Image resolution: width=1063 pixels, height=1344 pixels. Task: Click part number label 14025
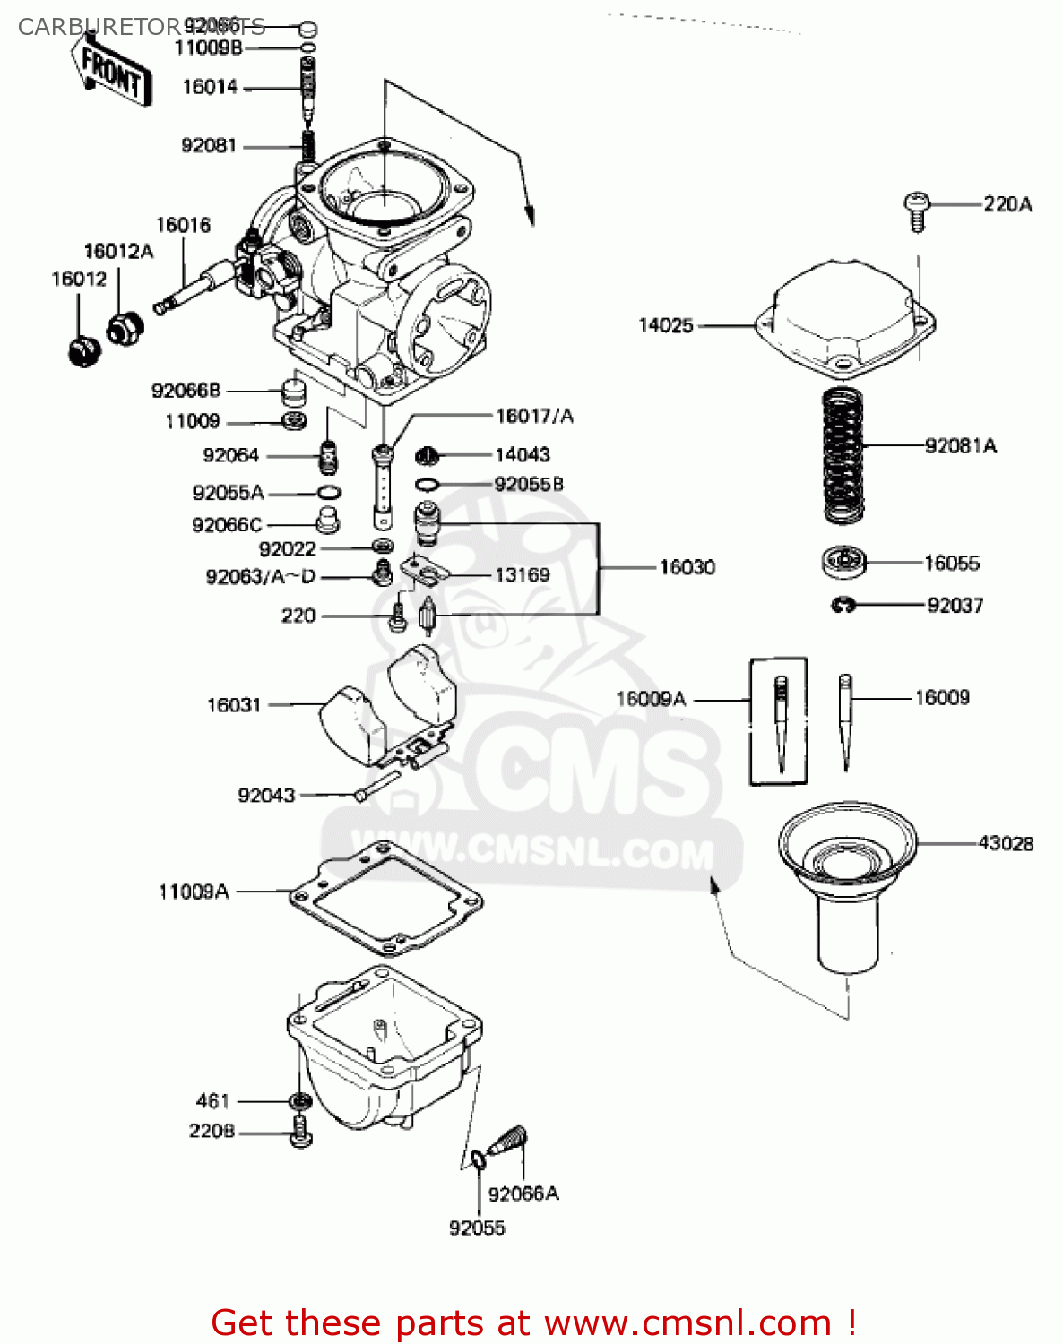pos(665,325)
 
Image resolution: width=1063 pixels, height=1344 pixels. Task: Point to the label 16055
pos(952,564)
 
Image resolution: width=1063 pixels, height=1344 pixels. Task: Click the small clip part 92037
pos(843,606)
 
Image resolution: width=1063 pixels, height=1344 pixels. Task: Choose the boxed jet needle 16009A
pos(779,720)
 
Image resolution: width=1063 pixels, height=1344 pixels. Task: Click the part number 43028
pos(1006,843)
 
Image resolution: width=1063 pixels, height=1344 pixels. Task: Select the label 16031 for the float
pos(234,705)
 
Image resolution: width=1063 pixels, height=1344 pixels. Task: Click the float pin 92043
pos(377,785)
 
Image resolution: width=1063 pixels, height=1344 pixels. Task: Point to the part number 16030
pos(687,567)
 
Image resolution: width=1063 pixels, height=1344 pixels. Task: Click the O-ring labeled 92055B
pos(427,485)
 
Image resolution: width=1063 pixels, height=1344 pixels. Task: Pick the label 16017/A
pos(534,416)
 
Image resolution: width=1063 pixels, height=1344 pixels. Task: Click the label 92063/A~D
pos(261,577)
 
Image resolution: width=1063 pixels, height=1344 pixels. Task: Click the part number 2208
pos(212,1132)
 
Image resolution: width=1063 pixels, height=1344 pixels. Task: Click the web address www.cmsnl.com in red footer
pos(688,1322)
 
